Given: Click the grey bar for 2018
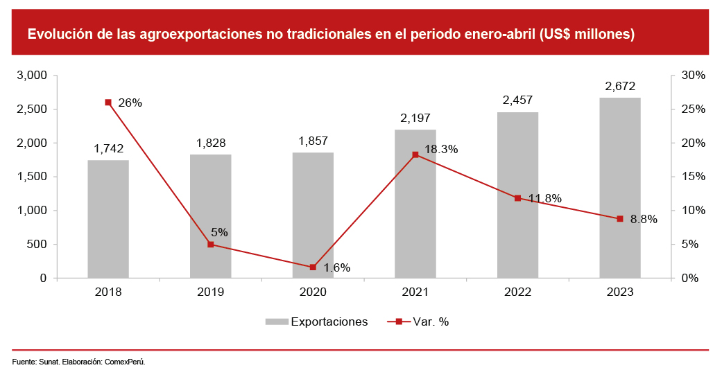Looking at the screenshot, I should coord(108,219).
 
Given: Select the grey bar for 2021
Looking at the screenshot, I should coord(415,204).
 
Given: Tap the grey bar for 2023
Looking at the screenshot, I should coord(620,188).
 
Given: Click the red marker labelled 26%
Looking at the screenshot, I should coord(108,103).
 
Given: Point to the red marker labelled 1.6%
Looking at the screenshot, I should coord(313,267).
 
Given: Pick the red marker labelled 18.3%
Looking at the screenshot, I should coord(415,155).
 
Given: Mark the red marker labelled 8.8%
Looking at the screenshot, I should coord(620,219).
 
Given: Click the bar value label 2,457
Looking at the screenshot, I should coord(517,100).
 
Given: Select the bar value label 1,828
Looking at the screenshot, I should coord(211,143).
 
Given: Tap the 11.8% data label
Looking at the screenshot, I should coord(545,199).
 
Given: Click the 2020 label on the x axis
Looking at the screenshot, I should coord(313,292).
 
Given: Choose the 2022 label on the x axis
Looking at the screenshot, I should coord(517,292).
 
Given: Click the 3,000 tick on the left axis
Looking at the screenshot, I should coord(31,75).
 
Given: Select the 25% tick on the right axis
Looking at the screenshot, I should coord(694,109).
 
